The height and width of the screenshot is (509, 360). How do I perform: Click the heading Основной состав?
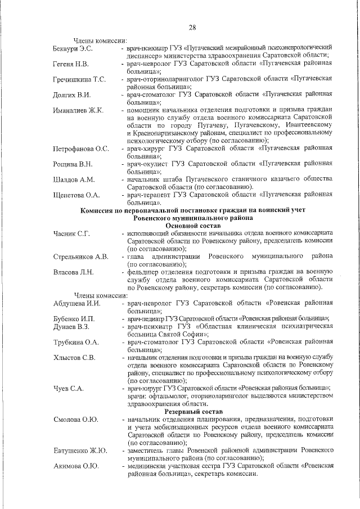point(193,225)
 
